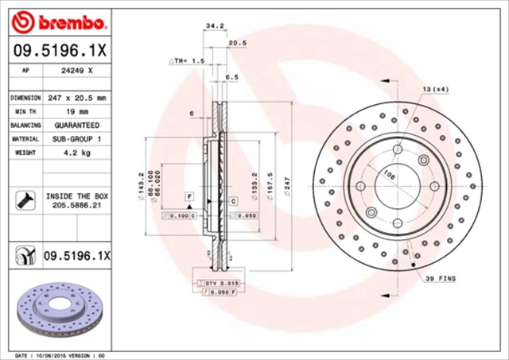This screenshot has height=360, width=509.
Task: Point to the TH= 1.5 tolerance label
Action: [x=188, y=60]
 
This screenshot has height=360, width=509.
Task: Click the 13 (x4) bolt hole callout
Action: [x=436, y=89]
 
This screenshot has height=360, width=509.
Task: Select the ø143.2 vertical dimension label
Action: [x=141, y=186]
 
